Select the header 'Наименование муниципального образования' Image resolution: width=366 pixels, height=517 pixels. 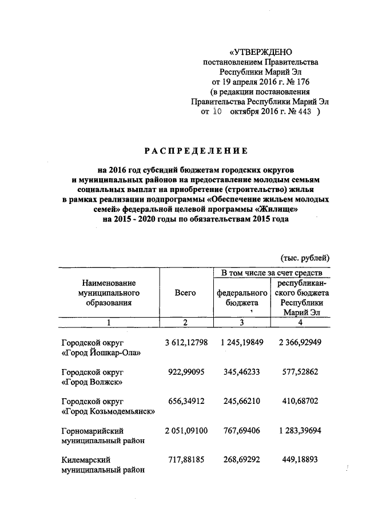point(109,292)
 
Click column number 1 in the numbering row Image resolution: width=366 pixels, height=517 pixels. point(108,323)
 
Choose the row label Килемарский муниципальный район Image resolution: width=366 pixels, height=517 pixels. point(102,464)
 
